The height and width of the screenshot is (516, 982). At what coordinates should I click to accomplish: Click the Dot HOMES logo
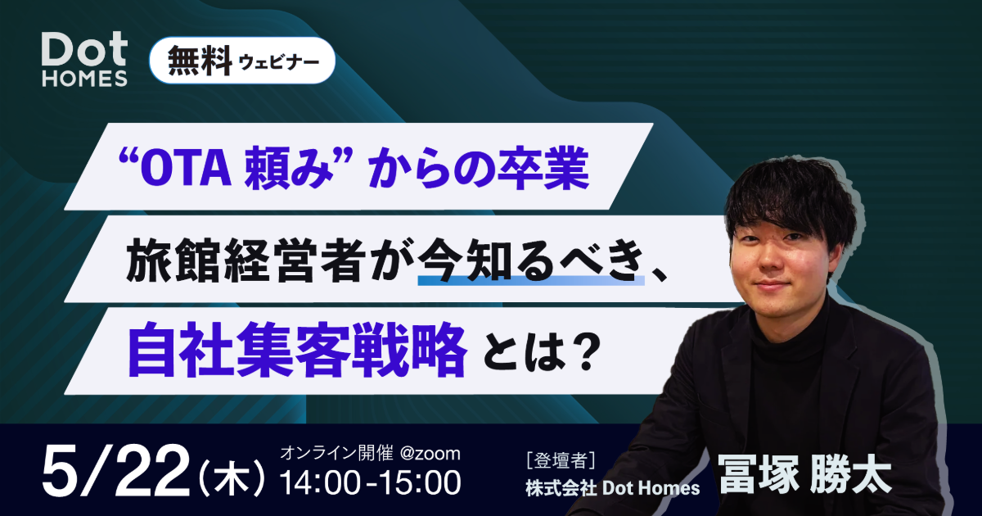(84, 59)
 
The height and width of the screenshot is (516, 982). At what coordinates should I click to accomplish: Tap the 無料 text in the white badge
(200, 61)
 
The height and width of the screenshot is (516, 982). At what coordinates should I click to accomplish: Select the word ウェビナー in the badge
(279, 62)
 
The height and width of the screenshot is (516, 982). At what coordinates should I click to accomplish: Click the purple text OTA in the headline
(186, 168)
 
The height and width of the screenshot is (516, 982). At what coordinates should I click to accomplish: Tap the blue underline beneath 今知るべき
(531, 280)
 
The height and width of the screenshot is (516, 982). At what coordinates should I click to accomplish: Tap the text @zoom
(430, 453)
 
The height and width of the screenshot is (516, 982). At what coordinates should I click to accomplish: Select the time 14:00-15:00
(371, 483)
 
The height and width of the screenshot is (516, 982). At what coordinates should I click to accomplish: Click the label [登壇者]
(561, 461)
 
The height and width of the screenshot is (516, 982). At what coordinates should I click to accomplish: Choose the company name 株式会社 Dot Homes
(613, 488)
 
